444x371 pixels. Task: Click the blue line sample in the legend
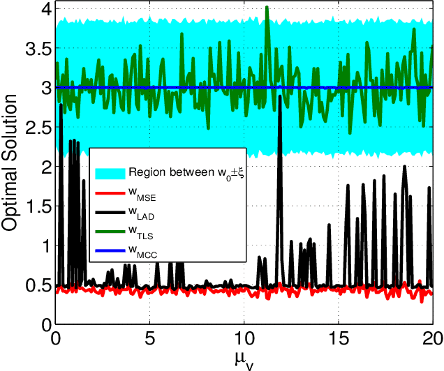(110, 253)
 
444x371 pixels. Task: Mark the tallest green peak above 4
(267, 7)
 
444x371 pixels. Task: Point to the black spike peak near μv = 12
(280, 96)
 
